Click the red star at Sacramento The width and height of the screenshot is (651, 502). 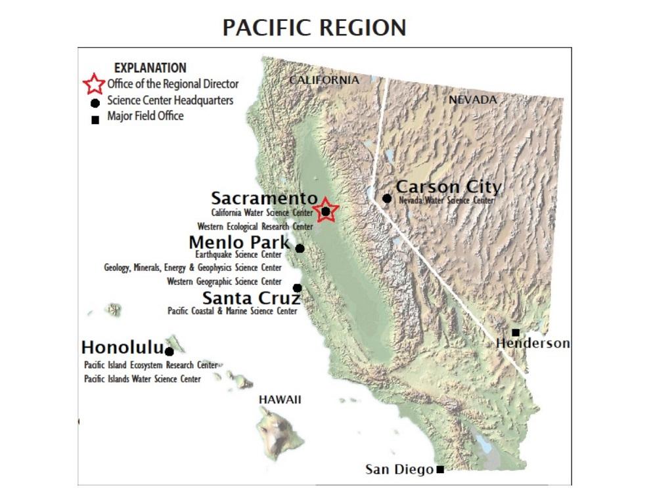click(325, 211)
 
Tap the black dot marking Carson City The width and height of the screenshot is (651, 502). click(388, 198)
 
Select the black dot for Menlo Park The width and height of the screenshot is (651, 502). click(300, 248)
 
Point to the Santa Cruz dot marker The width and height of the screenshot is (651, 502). click(297, 287)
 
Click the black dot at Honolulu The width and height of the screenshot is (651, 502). click(169, 352)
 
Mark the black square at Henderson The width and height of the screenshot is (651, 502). click(516, 332)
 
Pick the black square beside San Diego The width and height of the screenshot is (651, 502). click(440, 469)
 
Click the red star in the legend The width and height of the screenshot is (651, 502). click(94, 84)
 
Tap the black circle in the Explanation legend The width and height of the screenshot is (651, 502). click(95, 102)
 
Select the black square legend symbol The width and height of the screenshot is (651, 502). click(95, 119)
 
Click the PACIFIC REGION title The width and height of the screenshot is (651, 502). click(314, 28)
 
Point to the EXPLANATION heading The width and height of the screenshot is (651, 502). click(150, 68)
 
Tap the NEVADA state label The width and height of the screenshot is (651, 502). click(473, 100)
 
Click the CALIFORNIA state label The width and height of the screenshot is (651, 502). click(325, 80)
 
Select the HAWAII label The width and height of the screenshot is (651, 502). click(280, 400)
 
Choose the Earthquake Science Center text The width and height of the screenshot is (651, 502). click(238, 255)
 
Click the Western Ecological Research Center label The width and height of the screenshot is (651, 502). click(255, 226)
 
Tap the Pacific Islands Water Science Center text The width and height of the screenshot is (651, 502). click(143, 379)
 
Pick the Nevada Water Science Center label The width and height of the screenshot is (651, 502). click(446, 201)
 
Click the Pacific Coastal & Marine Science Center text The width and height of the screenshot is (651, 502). click(233, 312)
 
